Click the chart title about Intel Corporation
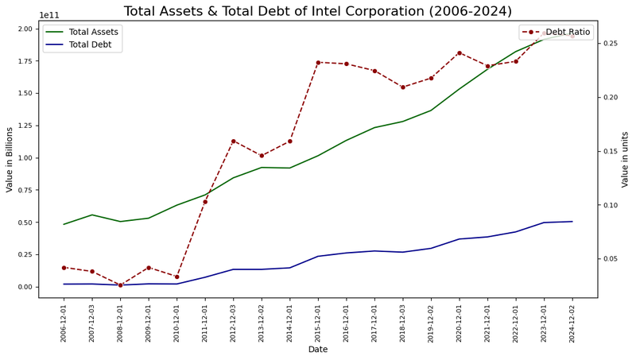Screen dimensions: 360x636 (318, 11)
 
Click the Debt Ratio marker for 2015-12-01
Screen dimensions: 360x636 (318, 62)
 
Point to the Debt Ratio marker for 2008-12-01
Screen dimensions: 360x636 (120, 285)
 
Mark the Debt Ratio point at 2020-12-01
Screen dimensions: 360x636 (460, 52)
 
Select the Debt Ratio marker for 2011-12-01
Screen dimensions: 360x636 (205, 202)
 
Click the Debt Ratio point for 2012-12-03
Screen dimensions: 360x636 (233, 141)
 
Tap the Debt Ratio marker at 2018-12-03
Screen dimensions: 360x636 (403, 87)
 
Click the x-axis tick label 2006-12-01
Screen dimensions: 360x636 (64, 323)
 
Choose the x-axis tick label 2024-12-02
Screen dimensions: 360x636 (572, 323)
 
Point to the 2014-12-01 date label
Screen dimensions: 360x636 (289, 323)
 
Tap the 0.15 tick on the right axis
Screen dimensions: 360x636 (609, 151)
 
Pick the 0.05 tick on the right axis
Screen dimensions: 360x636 (609, 259)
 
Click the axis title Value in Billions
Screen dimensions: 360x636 (10, 159)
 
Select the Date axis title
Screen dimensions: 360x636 (318, 350)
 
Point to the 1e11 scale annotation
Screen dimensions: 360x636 (49, 15)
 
